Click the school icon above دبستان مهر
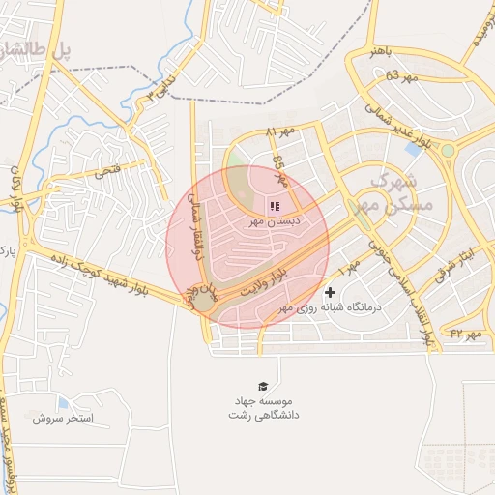[273, 206]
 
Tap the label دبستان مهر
[272, 221]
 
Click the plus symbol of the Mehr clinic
[331, 291]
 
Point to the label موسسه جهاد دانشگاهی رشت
[266, 406]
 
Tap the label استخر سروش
[62, 418]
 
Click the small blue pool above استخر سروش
[64, 402]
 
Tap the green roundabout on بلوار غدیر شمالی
[448, 151]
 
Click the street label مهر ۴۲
[465, 334]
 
